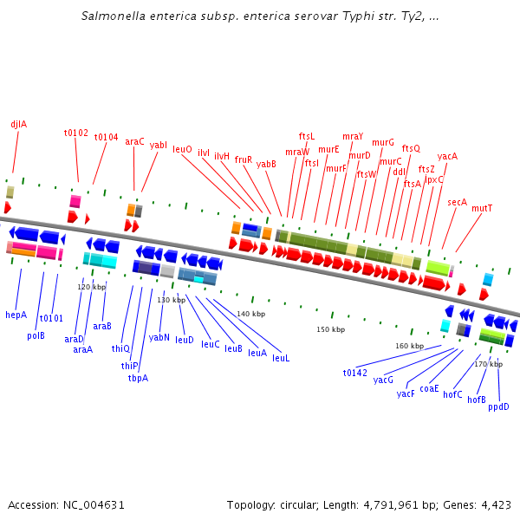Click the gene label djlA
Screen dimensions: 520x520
pos(18,124)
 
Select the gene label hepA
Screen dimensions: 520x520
pos(16,315)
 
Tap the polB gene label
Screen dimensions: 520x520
pos(36,335)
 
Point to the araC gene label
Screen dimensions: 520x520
pos(134,140)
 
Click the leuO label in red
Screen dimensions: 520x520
pos(182,149)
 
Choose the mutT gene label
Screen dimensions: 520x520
pos(482,208)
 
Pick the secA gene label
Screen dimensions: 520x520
pos(457,202)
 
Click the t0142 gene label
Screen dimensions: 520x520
pos(355,373)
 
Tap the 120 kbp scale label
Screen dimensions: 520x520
pos(92,287)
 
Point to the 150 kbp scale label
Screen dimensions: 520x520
pos(330,329)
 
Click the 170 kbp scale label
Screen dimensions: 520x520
pos(488,364)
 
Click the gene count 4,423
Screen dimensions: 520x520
pos(494,504)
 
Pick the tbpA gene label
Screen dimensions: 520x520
pos(138,378)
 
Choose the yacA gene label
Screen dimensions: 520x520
pos(447,156)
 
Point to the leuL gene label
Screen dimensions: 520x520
pos(281,358)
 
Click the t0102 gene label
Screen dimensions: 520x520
pos(76,133)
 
